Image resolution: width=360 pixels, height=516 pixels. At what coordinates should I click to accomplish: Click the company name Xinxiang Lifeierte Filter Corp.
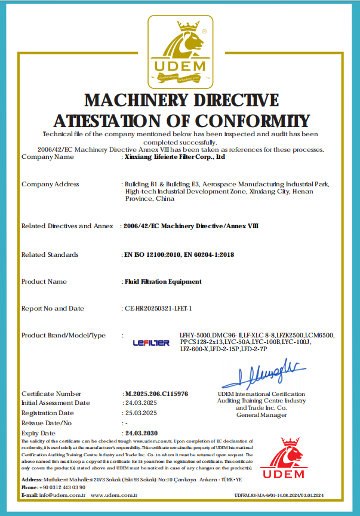pyautogui.click(x=174, y=157)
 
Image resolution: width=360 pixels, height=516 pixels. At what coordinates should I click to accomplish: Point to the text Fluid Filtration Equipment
pyautogui.click(x=162, y=281)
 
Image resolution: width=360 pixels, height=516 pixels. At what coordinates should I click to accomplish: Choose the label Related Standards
pyautogui.click(x=50, y=255)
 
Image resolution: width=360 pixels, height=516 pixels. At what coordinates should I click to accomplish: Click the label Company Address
pyautogui.click(x=50, y=184)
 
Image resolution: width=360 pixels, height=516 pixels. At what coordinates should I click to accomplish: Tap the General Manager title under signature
pyautogui.click(x=261, y=414)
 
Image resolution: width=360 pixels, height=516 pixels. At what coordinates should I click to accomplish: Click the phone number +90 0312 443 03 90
pyautogui.click(x=58, y=487)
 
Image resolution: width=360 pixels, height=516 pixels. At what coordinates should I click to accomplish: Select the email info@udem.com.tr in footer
pyautogui.click(x=60, y=495)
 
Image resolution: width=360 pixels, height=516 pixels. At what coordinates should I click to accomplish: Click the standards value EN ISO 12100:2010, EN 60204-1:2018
pyautogui.click(x=178, y=255)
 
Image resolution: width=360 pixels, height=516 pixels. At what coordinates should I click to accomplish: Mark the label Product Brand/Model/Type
pyautogui.click(x=63, y=336)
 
